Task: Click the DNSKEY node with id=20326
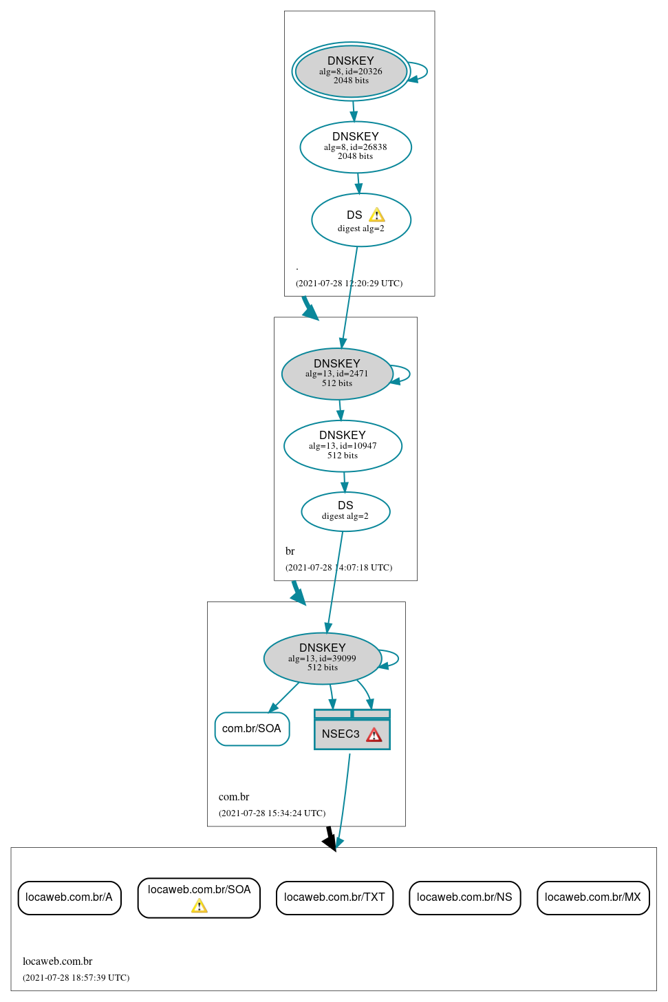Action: click(x=351, y=71)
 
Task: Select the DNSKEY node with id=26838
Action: click(x=356, y=147)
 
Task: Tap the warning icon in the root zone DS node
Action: click(x=377, y=215)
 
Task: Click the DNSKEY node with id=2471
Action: click(x=337, y=374)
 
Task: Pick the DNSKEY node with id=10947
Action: click(x=343, y=445)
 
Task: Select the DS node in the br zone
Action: click(x=345, y=511)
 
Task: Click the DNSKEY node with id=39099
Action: click(x=322, y=658)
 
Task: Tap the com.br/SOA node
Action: click(x=252, y=729)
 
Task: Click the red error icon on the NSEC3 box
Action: click(x=374, y=735)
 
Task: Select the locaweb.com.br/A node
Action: click(x=69, y=897)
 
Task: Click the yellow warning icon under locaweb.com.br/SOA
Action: click(x=200, y=906)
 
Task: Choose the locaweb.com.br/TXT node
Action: click(x=334, y=897)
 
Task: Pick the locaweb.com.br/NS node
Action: click(x=464, y=897)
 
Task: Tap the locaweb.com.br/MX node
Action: click(x=592, y=897)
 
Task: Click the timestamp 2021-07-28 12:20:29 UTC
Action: click(x=349, y=284)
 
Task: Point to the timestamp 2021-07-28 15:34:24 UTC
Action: click(x=272, y=813)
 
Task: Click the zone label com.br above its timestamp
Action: click(x=234, y=797)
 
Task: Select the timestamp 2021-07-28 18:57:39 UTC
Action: click(x=76, y=978)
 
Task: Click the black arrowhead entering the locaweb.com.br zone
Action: click(x=331, y=842)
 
